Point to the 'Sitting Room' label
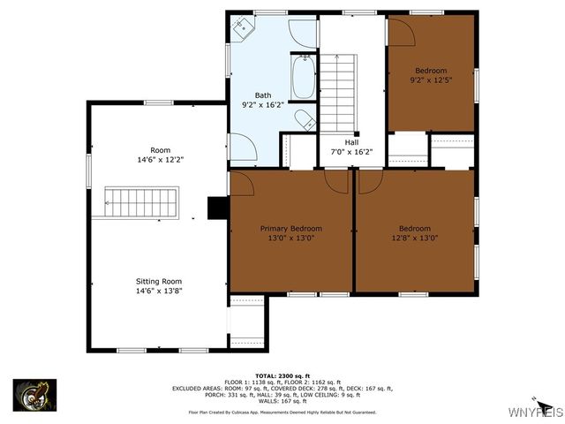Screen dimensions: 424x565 pos(159,281)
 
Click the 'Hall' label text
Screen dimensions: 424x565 pos(351,142)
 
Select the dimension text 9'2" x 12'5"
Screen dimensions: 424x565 pos(431,80)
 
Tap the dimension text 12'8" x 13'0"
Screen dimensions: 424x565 pos(414,238)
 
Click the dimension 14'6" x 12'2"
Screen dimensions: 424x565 pos(160,160)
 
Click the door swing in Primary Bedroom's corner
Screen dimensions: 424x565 pos(242,183)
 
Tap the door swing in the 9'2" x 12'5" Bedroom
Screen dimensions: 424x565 pos(402,32)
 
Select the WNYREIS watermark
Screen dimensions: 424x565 pos(533,413)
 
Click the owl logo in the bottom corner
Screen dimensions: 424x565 pos(34,394)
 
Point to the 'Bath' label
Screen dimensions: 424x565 pos(263,95)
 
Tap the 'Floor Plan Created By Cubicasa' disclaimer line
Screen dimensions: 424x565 pos(282,413)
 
